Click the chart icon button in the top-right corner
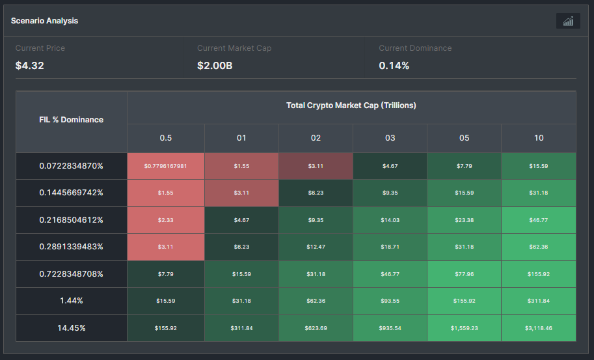[x=568, y=21]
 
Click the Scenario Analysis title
[x=44, y=21]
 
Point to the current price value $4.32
[x=29, y=66]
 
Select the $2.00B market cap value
[x=215, y=66]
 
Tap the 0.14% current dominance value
[x=394, y=66]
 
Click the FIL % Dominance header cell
[x=72, y=120]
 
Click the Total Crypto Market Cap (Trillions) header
[x=351, y=105]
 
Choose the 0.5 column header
[x=166, y=138]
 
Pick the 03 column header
[x=390, y=138]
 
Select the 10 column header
[x=539, y=138]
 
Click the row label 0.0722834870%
[x=72, y=166]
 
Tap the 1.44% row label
[x=72, y=301]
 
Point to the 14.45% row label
[x=72, y=328]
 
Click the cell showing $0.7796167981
[x=166, y=166]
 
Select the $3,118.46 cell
[x=539, y=328]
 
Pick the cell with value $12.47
[x=316, y=247]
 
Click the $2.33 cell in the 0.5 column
[x=166, y=220]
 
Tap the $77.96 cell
[x=464, y=274]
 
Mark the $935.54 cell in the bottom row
[x=390, y=328]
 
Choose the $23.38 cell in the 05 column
[x=464, y=220]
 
